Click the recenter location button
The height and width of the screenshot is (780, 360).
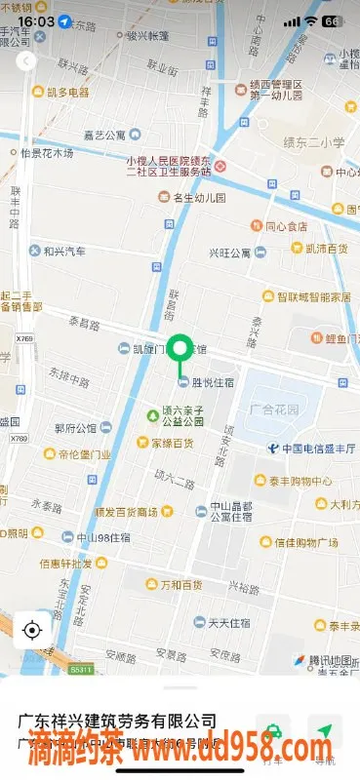click(31, 629)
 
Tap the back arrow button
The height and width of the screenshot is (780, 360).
click(26, 60)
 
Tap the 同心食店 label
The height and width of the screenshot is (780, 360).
click(281, 226)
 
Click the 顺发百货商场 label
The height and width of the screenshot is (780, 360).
click(129, 512)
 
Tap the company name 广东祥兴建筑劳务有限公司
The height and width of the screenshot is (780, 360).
click(117, 721)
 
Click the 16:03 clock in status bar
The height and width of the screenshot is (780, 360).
click(35, 20)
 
